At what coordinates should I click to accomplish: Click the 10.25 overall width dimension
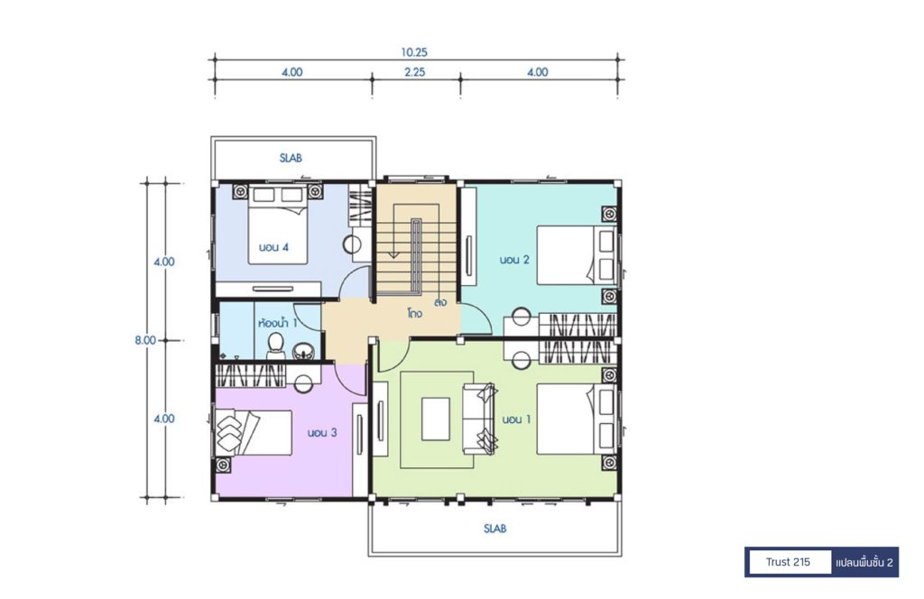(x=414, y=51)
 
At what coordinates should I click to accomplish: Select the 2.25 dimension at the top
(x=415, y=72)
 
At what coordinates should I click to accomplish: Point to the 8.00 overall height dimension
(x=145, y=340)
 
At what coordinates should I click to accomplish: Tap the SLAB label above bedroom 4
(x=291, y=158)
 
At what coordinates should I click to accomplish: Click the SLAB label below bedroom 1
(x=495, y=529)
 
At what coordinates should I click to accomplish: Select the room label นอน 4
(x=273, y=247)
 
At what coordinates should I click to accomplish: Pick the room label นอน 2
(x=514, y=259)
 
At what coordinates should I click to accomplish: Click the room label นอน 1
(x=516, y=419)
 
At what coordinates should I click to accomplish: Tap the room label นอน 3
(x=322, y=433)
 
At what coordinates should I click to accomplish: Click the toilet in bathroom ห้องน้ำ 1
(x=275, y=346)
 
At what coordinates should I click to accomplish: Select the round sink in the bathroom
(x=303, y=352)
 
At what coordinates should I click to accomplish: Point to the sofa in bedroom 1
(x=480, y=419)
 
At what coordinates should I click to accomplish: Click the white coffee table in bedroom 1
(x=436, y=419)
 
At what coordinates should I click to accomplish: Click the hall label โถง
(x=414, y=313)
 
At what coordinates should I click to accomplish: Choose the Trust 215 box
(x=789, y=562)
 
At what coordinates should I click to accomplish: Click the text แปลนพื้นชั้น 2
(x=864, y=563)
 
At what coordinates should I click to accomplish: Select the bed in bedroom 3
(x=254, y=433)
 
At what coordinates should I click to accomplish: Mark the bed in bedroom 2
(x=576, y=255)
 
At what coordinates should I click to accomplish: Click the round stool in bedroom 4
(x=354, y=244)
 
